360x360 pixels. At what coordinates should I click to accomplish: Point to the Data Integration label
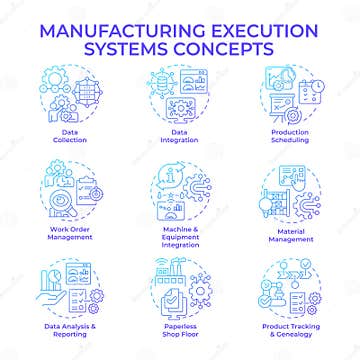point(181,134)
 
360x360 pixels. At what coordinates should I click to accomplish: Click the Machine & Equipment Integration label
point(180,238)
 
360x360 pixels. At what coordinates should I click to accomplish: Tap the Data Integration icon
point(181,91)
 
